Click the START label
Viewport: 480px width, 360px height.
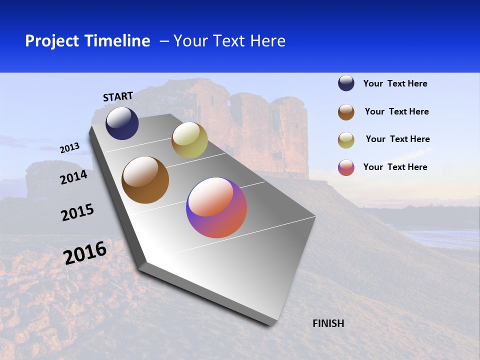tap(118, 96)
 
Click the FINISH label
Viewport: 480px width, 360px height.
tap(328, 323)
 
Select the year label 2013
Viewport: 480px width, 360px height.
tap(69, 148)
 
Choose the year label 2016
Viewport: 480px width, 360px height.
tap(85, 253)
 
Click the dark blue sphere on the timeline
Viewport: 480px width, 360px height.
tap(122, 123)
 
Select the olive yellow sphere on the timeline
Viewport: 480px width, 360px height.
tap(189, 140)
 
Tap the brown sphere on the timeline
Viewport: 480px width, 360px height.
tap(145, 180)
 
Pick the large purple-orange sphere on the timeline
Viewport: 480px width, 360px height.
tap(216, 207)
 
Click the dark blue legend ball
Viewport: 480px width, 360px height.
tap(346, 83)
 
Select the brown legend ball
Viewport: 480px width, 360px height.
tap(346, 112)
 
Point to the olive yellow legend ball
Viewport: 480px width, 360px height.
tap(346, 140)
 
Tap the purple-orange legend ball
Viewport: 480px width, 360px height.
tap(346, 167)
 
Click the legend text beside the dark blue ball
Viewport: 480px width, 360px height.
tap(395, 84)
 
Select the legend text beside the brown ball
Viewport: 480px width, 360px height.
tap(396, 111)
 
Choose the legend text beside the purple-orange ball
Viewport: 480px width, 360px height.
tap(395, 167)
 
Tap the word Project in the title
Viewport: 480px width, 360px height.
tap(51, 41)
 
